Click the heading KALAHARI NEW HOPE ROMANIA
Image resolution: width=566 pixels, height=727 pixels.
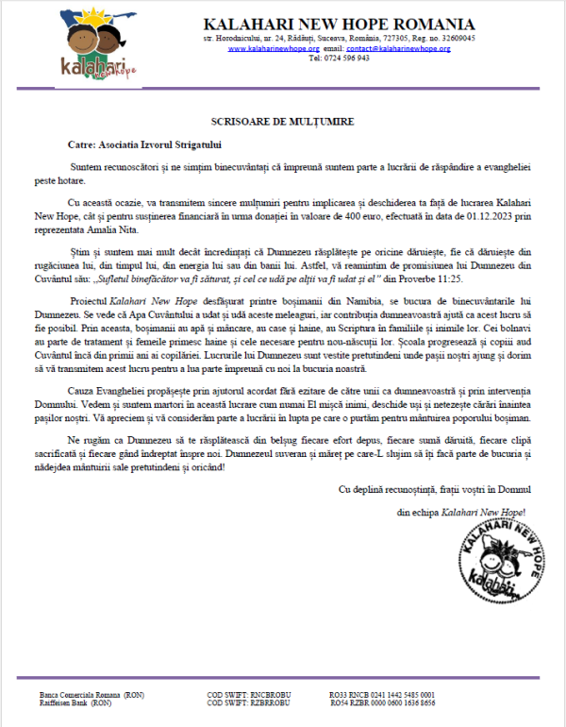(x=339, y=24)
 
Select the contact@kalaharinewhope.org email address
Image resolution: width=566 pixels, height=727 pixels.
(x=398, y=48)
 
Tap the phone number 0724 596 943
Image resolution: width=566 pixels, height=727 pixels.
(x=340, y=58)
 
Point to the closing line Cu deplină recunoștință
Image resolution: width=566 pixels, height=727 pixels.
(x=435, y=488)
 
